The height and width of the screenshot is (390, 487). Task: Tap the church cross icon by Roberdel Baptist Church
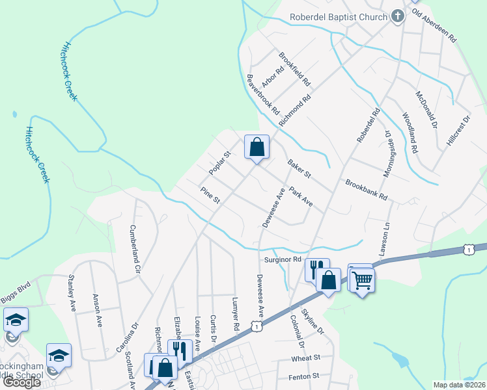[397, 17]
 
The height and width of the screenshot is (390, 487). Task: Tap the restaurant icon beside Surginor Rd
[316, 268]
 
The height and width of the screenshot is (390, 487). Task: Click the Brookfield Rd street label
[296, 70]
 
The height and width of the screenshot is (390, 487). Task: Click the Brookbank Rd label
[367, 189]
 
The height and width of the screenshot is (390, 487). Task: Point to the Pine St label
[211, 196]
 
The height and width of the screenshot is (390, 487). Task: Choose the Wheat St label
[307, 357]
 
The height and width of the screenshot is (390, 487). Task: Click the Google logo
[21, 382]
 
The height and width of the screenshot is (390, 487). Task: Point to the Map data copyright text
[459, 385]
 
